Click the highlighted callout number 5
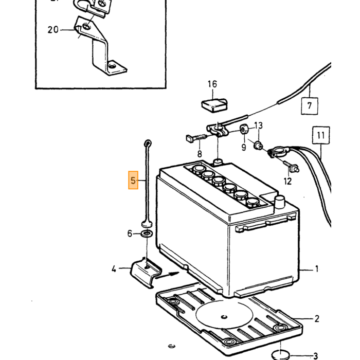133,180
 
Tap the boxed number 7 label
310,106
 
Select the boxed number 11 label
321,135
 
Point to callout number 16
212,84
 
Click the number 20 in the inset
53,30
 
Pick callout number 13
259,125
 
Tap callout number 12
287,182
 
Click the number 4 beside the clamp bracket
114,269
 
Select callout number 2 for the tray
317,319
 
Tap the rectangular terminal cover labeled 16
214,105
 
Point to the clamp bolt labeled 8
196,138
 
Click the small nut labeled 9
244,130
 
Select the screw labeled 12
291,167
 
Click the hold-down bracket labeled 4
146,273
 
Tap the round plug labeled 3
281,355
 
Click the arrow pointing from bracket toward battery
167,275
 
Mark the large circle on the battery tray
224,315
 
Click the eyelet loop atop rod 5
148,143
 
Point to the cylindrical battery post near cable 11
279,202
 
